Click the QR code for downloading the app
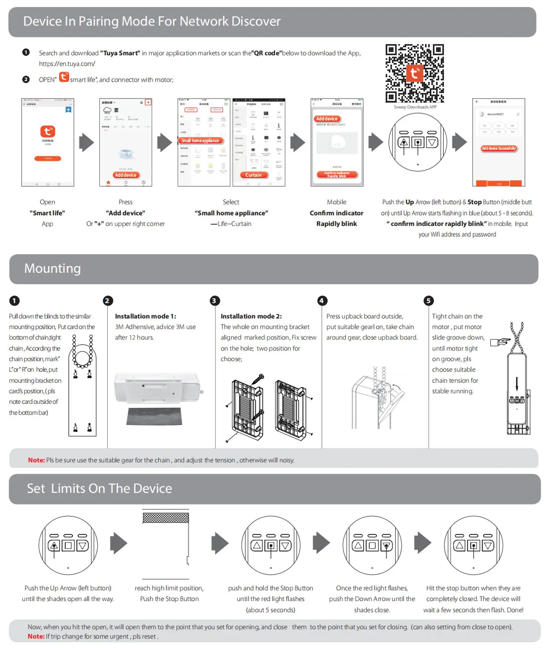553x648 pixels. [414, 73]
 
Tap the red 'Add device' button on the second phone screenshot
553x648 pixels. [126, 175]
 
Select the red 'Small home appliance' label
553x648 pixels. [200, 140]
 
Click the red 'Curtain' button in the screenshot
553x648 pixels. [254, 175]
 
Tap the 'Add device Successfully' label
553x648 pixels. [499, 148]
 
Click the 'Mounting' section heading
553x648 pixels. [52, 268]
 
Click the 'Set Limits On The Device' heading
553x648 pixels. [99, 489]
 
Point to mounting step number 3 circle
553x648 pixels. [214, 301]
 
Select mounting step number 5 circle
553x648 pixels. [428, 301]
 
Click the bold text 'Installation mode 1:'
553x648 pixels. [146, 316]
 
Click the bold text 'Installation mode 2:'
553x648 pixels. [251, 316]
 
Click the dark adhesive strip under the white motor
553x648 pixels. [154, 416]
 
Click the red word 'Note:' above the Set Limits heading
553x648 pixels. [36, 460]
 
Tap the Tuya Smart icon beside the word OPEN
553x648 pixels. [64, 77]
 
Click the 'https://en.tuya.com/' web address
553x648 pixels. [67, 64]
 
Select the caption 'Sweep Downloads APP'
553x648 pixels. [415, 107]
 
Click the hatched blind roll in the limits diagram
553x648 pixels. [166, 518]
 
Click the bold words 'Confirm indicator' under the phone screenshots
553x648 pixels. [337, 213]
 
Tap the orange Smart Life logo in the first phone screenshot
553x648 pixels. [48, 131]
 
